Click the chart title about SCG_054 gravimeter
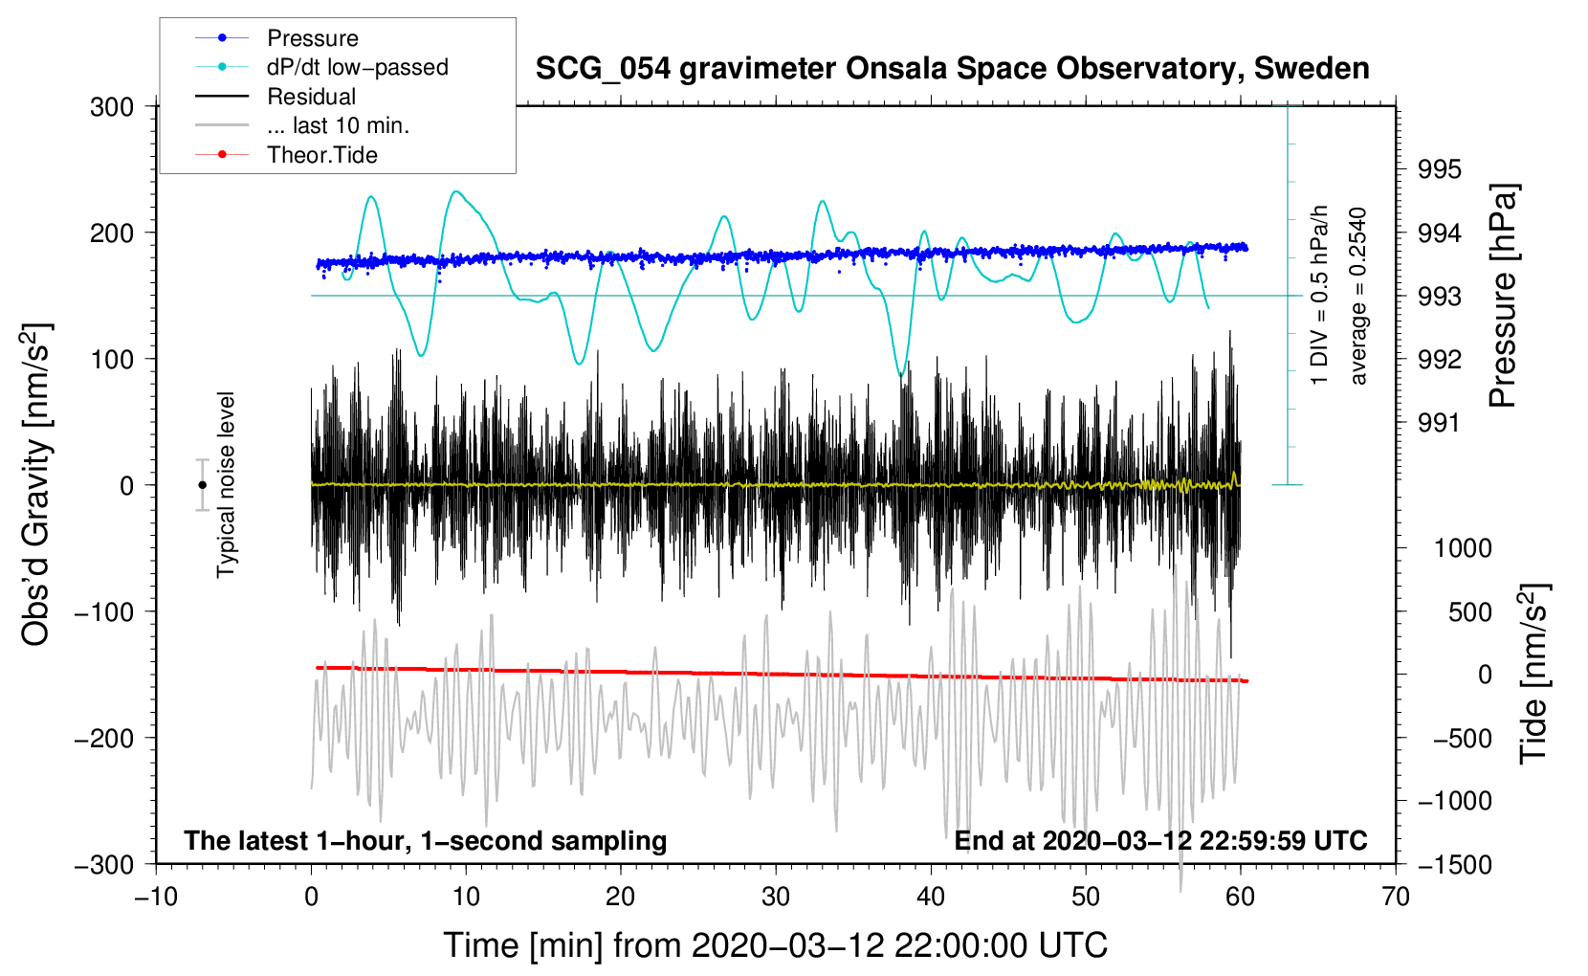coord(952,69)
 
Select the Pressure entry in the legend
coord(312,38)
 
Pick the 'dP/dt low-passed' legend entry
coord(357,67)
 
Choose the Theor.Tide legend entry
coord(321,155)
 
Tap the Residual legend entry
coord(311,97)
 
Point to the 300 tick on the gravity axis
coord(112,107)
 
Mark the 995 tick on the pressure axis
coord(1440,169)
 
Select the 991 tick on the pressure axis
coord(1440,423)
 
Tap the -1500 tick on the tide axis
coord(1454,865)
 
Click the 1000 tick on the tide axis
coord(1463,548)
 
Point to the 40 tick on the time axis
coord(931,897)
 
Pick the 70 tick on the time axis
coord(1396,897)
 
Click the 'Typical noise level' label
coord(226,485)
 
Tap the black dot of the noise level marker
coord(202,485)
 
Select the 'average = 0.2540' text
coord(1358,297)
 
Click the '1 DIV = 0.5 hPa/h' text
coord(1320,295)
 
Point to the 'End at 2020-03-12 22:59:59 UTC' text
coord(1160,841)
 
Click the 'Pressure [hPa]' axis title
coord(1503,297)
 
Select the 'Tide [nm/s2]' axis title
coord(1533,674)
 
